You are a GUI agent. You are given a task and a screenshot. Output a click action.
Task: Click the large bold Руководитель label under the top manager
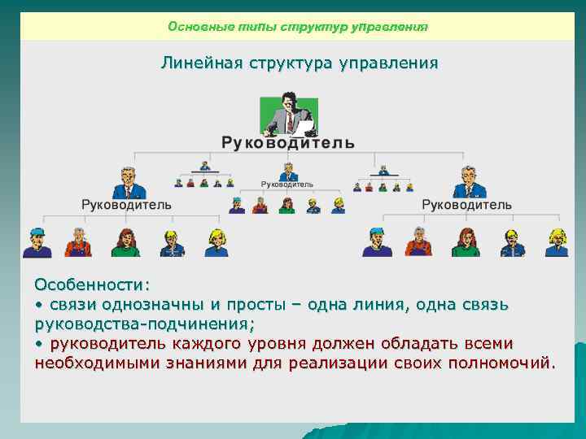[x=287, y=142]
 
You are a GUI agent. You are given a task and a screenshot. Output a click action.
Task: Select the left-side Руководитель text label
[x=126, y=205]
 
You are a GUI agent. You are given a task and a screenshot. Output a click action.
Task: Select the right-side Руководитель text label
[x=466, y=205]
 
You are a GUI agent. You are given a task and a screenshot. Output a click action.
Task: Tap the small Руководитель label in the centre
[x=286, y=185]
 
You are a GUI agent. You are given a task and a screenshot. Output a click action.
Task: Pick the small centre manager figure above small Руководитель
[x=286, y=172]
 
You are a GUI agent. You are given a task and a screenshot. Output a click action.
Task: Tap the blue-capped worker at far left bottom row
[x=37, y=242]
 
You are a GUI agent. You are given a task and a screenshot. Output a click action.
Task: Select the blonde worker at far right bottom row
[x=557, y=242]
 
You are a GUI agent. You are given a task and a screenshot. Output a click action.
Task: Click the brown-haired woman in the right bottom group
[x=466, y=242]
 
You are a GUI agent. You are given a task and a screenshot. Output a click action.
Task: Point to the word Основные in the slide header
[x=194, y=27]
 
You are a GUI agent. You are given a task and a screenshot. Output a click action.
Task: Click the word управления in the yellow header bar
[x=389, y=27]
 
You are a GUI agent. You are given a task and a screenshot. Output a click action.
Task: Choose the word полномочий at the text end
[x=502, y=361]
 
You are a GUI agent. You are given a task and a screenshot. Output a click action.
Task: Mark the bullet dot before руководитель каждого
[x=38, y=342]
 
